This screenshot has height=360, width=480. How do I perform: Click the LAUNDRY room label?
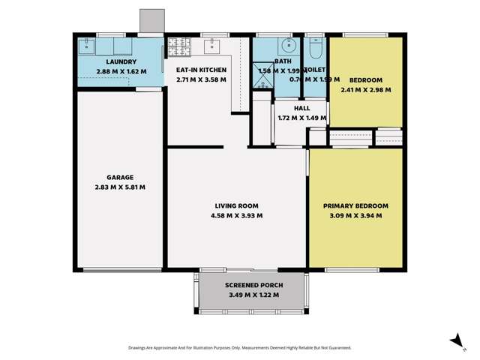point(121,61)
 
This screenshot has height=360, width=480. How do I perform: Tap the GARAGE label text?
point(120,178)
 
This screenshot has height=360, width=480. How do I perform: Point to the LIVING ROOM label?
point(236,205)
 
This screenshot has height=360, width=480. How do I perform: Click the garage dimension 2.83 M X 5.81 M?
point(120,187)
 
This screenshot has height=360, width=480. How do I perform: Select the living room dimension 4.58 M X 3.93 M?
point(236,215)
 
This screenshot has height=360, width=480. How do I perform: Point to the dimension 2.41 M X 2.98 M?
point(365,89)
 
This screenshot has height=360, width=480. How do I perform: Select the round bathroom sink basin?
point(289,46)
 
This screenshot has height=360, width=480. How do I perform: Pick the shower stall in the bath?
point(262,85)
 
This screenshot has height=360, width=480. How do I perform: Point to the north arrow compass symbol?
point(454,340)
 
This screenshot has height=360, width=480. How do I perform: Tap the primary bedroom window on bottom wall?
point(350,269)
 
